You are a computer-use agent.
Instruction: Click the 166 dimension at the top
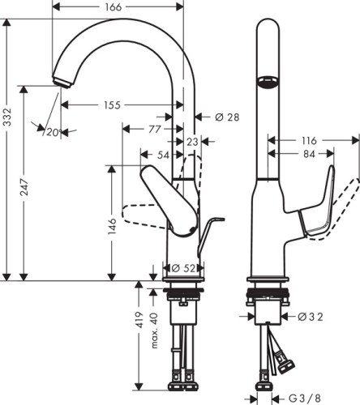click(x=114, y=7)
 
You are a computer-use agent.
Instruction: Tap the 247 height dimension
click(x=27, y=191)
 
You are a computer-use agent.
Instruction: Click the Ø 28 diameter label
click(x=228, y=117)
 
